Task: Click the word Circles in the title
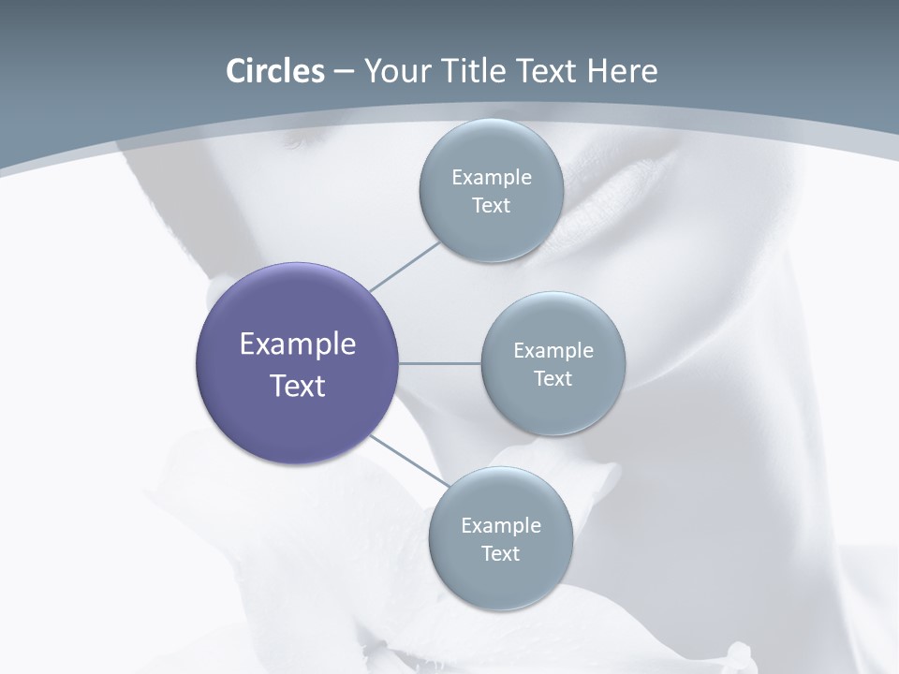274,71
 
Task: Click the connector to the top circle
405,266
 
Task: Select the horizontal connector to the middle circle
440,363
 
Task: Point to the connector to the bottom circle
408,460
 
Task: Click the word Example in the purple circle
298,344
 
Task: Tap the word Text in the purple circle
298,386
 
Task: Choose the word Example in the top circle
492,178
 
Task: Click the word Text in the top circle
492,206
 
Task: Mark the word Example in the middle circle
553,351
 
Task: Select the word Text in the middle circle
553,379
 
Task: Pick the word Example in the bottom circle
501,526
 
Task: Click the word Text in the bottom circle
501,554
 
